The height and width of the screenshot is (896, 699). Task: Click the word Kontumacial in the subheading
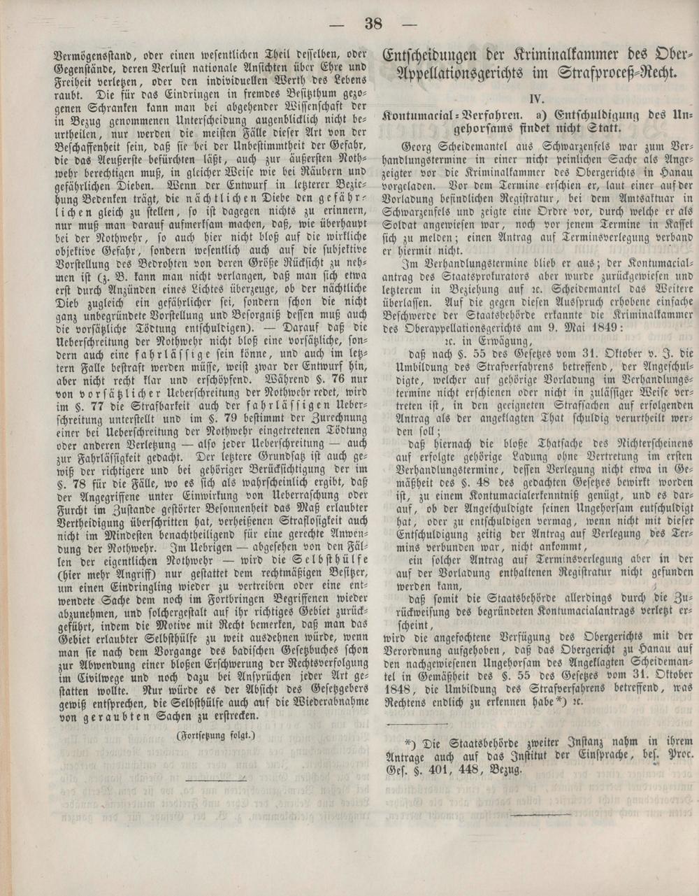[423, 114]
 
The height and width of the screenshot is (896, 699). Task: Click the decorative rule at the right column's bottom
[540, 813]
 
